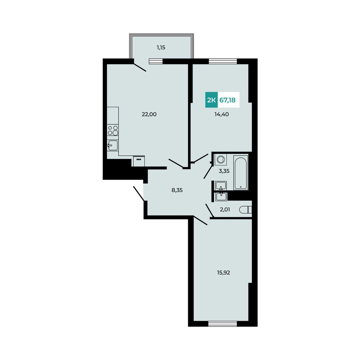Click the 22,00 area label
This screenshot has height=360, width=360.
149,114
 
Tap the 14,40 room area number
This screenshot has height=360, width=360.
221,114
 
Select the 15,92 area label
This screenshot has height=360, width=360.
223,273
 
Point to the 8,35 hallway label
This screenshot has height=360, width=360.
177,190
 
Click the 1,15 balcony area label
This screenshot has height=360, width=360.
161,48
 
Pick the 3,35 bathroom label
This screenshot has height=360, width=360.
224,171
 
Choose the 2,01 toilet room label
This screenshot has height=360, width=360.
225,210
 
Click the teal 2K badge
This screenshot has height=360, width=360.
211,100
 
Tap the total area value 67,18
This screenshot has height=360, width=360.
227,100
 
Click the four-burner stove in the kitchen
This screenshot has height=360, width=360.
113,130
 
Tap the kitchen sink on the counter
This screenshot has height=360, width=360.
112,145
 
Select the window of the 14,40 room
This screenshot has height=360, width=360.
223,61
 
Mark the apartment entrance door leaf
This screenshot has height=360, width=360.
139,193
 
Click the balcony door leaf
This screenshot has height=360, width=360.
140,67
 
